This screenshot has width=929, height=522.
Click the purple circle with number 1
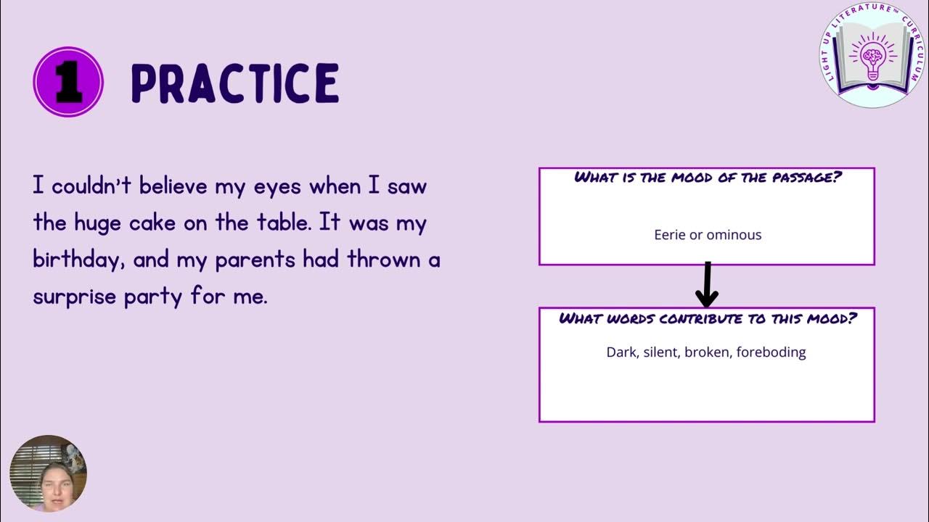click(68, 83)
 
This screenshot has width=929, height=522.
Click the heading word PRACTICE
click(235, 83)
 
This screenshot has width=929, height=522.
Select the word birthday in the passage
click(72, 260)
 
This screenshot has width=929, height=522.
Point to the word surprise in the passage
click(75, 296)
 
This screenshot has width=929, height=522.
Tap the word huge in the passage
click(99, 223)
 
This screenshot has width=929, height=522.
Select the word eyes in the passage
click(278, 187)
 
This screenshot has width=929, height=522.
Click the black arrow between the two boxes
click(707, 285)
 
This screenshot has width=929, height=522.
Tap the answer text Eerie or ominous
click(708, 235)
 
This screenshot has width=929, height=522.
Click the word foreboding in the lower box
click(771, 352)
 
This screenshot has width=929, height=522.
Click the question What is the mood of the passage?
click(708, 178)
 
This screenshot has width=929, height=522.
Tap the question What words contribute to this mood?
click(708, 318)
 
